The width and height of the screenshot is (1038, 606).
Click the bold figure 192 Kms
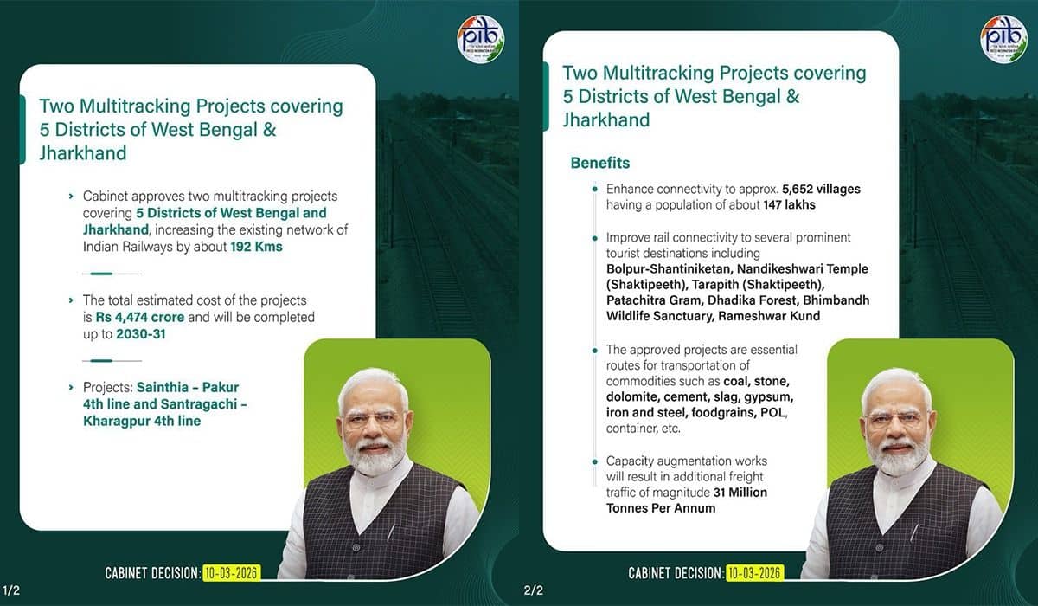click(256, 247)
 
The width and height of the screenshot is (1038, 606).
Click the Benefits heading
click(600, 163)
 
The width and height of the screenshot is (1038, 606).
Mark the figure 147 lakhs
click(789, 205)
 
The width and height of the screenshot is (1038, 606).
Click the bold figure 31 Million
click(740, 493)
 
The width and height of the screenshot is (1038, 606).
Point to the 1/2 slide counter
click(11, 590)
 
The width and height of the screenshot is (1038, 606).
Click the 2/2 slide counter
click(533, 590)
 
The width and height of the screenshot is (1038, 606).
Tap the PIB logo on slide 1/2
click(480, 39)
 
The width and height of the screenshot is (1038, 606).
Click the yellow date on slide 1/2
click(231, 573)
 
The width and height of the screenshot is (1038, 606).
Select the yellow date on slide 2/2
click(753, 573)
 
